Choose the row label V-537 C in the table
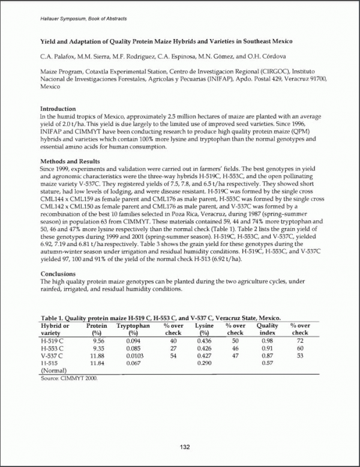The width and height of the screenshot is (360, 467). (53, 355)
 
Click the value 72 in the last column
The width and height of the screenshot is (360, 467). (300, 340)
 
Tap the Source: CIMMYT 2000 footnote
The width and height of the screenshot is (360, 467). (68, 378)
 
